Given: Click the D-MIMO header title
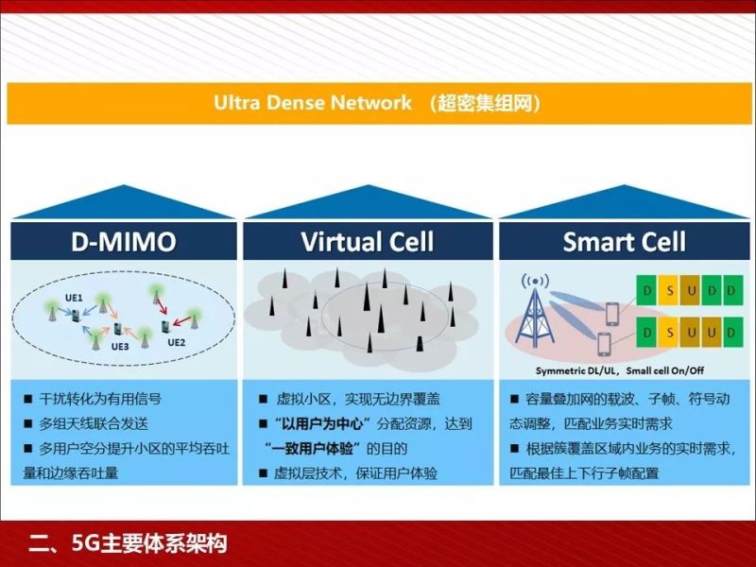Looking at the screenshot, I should (x=123, y=242).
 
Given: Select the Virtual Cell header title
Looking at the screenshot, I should (x=368, y=242).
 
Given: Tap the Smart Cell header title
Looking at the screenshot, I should (x=624, y=242).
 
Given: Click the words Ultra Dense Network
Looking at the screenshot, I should (x=312, y=102).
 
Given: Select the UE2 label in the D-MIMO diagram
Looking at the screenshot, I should (x=177, y=342).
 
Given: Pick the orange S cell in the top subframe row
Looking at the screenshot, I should (x=669, y=289).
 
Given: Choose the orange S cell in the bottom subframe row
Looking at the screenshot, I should (x=669, y=332).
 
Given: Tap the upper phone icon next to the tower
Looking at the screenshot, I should (x=610, y=311).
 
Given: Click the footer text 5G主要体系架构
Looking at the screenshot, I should (x=141, y=543).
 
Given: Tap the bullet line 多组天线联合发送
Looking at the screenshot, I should (x=94, y=424).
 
